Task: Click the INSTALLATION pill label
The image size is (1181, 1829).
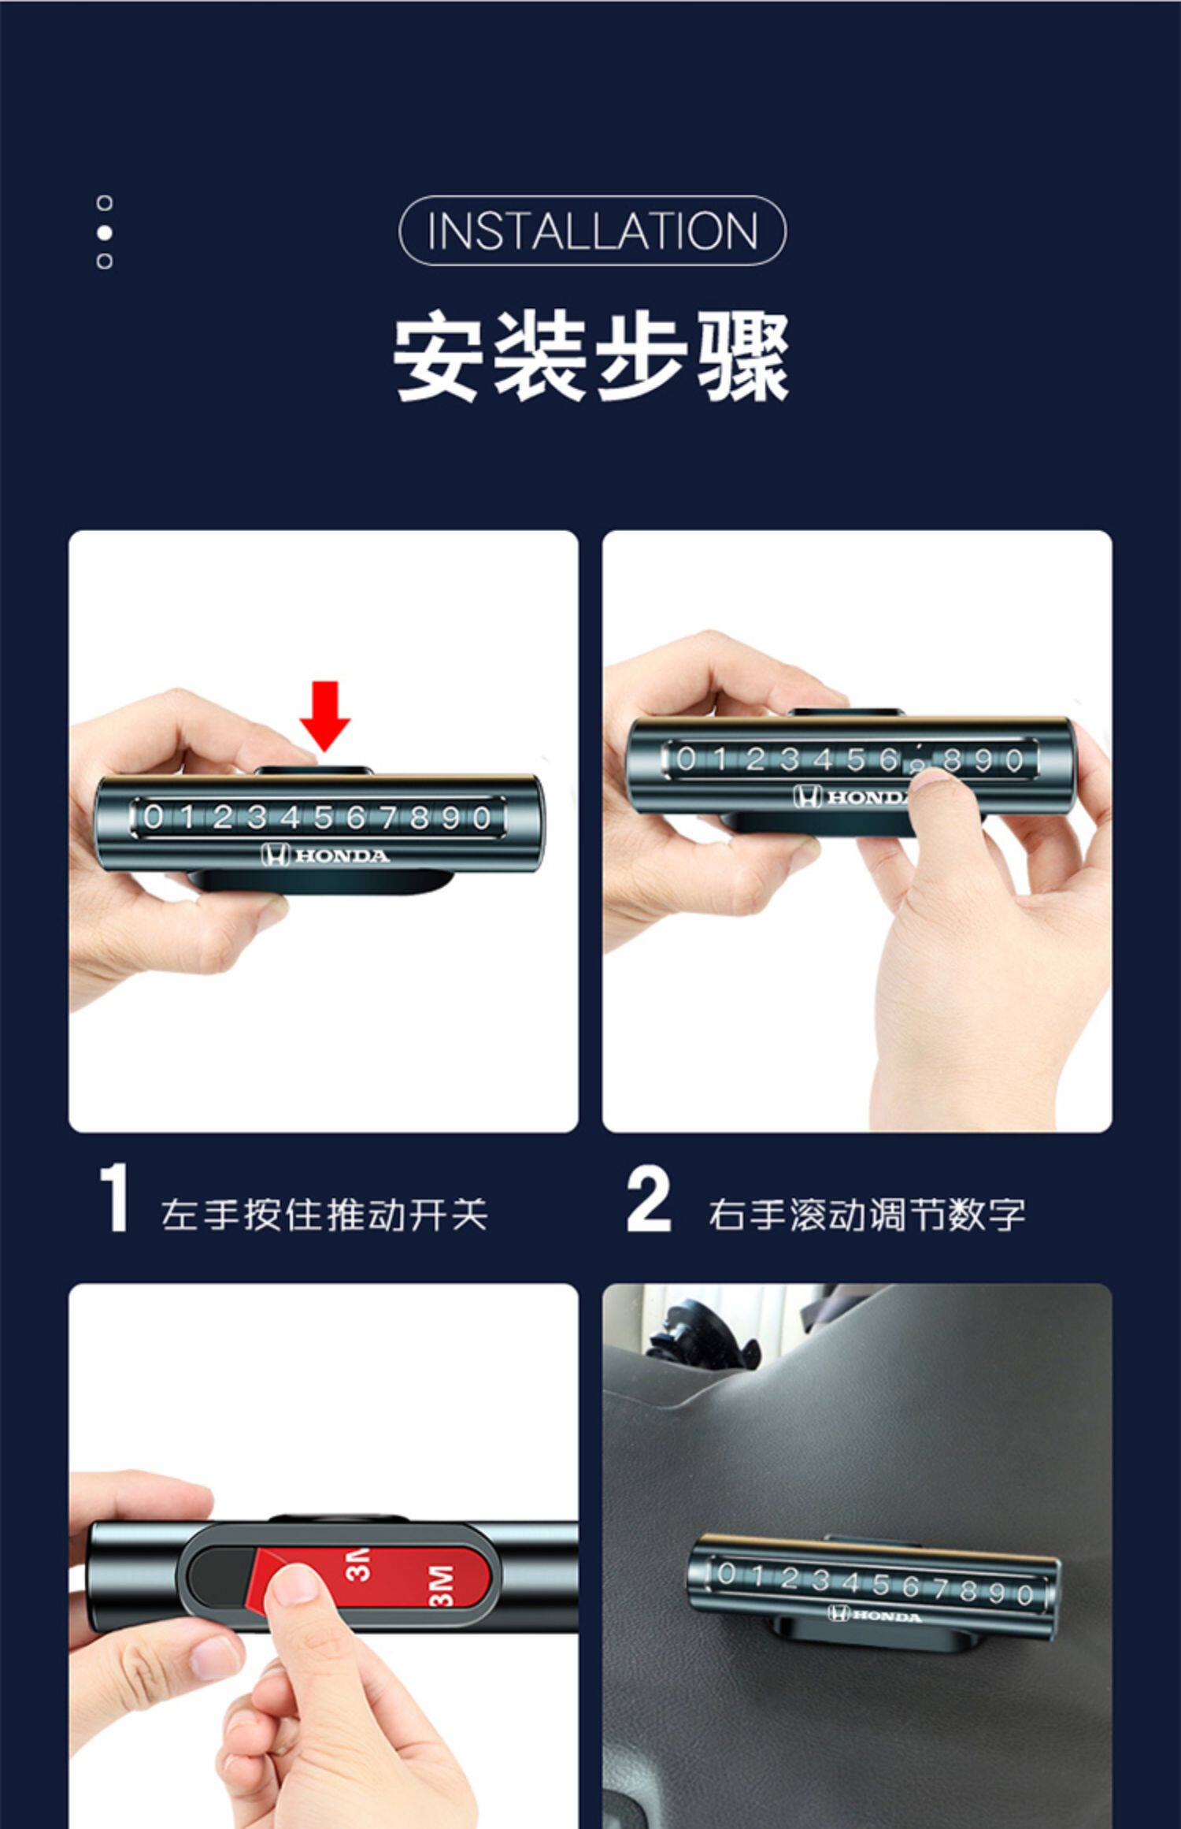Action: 592,230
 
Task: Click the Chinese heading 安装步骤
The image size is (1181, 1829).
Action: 591,357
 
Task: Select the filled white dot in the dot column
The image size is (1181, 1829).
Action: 104,232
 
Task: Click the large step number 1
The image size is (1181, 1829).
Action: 115,1197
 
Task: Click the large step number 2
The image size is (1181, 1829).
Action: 649,1198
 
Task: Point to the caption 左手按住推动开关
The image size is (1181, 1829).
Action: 324,1215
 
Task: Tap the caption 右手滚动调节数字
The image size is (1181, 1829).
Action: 866,1215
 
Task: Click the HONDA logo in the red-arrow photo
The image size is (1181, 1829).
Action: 325,855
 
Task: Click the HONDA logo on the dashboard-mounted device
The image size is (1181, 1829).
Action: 874,1616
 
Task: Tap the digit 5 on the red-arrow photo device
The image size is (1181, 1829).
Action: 323,818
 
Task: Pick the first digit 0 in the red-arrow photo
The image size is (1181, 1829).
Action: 154,816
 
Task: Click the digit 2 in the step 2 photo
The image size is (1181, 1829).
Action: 755,759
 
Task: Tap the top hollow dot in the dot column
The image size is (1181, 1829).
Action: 104,203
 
